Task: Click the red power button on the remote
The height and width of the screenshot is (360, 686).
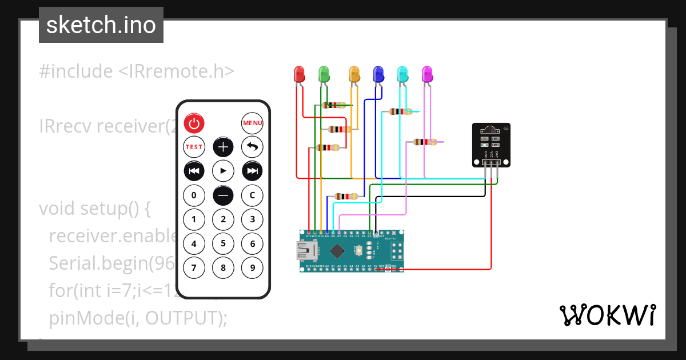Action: [x=194, y=123]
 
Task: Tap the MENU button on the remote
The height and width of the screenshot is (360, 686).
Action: [x=252, y=123]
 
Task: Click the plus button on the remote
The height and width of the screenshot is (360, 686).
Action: [x=223, y=147]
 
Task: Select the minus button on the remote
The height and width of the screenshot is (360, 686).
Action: [x=223, y=195]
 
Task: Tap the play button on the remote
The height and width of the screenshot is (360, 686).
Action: [x=223, y=171]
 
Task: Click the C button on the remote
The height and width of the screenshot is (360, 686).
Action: [x=252, y=195]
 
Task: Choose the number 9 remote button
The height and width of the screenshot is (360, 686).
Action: [x=252, y=267]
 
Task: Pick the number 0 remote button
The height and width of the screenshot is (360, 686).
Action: [x=194, y=195]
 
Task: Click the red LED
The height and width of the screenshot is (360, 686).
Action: [x=299, y=74]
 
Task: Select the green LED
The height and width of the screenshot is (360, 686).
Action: [x=324, y=74]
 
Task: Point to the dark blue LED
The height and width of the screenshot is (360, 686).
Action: [x=378, y=74]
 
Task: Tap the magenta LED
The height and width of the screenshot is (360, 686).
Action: [x=426, y=74]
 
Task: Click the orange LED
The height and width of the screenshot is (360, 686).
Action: [x=354, y=74]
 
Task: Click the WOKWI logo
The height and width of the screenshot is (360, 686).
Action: [x=608, y=315]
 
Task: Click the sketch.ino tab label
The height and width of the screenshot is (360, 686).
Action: [x=101, y=25]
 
